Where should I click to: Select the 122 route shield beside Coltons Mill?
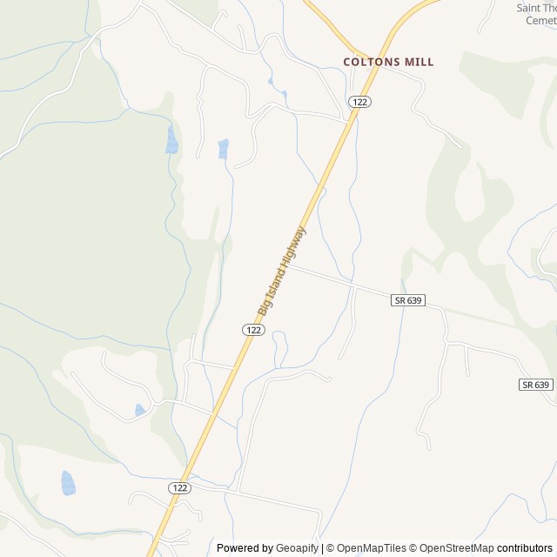(x=360, y=102)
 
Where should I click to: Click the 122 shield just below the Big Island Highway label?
(x=252, y=330)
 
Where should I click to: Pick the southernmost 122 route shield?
(x=179, y=488)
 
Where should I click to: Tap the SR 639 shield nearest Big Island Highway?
(x=407, y=299)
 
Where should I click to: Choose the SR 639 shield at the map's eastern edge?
(x=536, y=384)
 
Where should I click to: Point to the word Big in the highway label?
(x=263, y=307)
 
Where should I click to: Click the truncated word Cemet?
(x=543, y=20)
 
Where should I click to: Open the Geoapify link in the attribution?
(x=297, y=548)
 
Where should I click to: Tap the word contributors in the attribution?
(x=525, y=548)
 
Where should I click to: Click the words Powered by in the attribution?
(x=245, y=548)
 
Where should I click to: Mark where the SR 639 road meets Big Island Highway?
(x=290, y=266)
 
